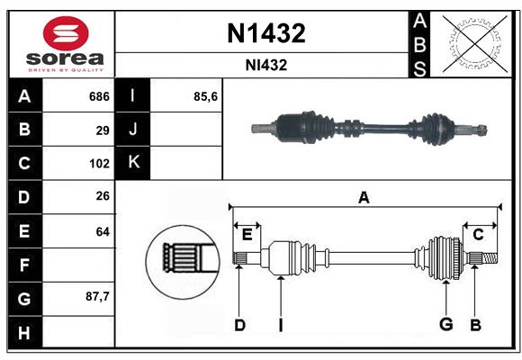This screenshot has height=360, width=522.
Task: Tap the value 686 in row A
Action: point(98,96)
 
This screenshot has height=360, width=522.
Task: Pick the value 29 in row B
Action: point(103,130)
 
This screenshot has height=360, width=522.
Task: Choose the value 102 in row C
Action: point(99,164)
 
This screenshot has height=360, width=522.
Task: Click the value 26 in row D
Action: point(103,197)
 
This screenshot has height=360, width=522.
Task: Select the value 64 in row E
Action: point(103,231)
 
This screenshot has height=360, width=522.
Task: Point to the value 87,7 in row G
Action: point(97,296)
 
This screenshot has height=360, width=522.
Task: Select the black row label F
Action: point(24,265)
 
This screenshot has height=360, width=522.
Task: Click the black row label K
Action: point(133,163)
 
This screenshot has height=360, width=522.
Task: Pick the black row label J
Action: point(133,130)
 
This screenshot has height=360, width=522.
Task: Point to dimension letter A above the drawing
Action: point(364,197)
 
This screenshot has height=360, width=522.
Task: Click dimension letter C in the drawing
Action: point(479,234)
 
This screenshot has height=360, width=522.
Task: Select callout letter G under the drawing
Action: point(445,325)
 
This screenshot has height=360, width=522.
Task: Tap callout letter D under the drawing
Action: point(239,325)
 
